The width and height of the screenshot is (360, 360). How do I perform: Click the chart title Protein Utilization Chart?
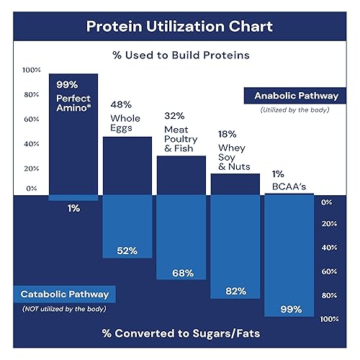coord(179,27)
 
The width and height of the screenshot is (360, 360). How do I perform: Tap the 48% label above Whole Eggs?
coord(120,105)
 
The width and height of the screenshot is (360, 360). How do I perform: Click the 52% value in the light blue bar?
coord(127,251)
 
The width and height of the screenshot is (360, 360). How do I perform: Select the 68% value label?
coord(181,274)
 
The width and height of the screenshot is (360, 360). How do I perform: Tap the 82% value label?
coord(235,291)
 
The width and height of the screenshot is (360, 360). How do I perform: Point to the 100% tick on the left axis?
coord(32,70)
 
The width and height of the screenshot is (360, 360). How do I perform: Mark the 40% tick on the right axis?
coord(329,248)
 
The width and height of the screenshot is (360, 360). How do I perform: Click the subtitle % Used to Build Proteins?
coord(179,55)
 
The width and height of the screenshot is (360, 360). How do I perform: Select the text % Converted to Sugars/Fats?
coord(179,335)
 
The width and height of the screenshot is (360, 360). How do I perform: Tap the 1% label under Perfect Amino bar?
coord(73,208)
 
